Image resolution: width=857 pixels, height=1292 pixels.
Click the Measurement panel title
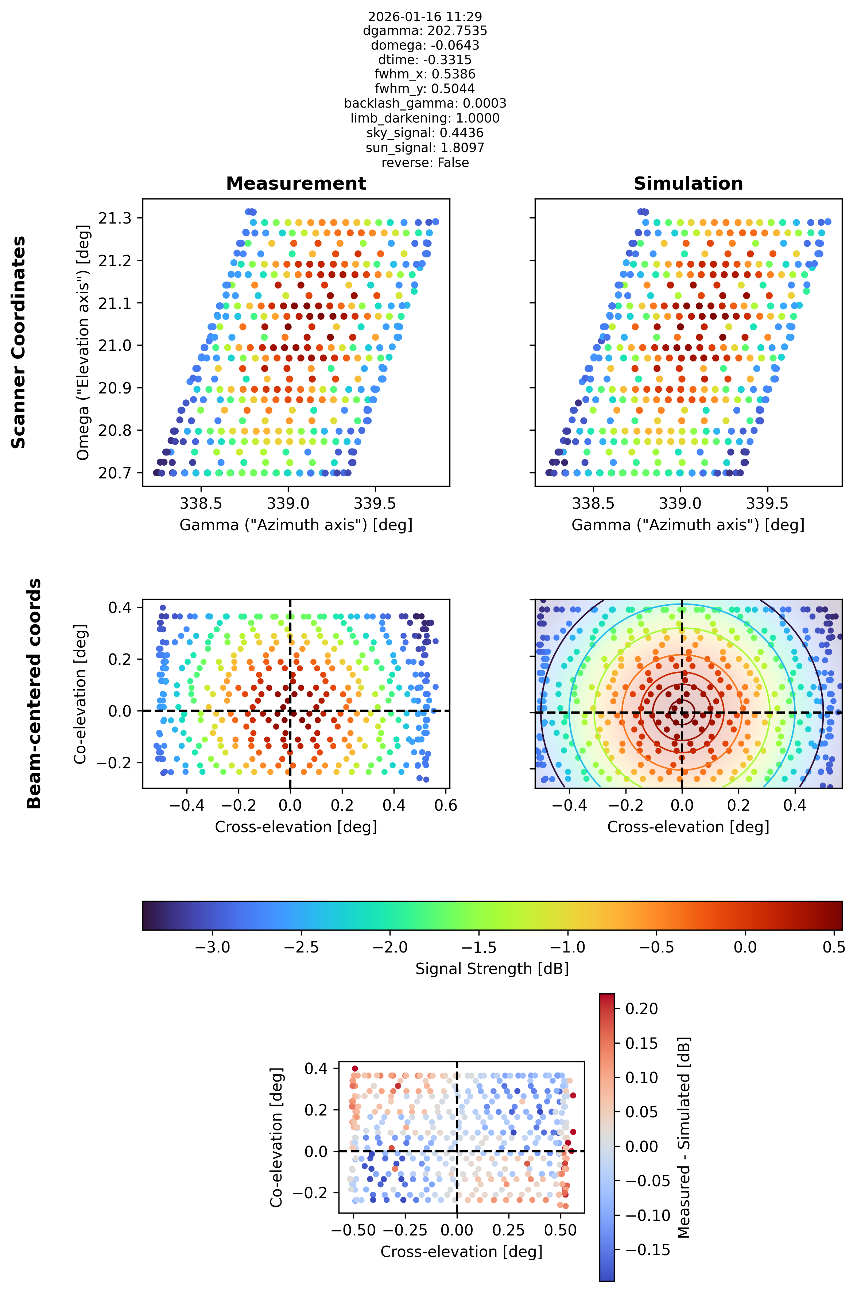[x=296, y=184]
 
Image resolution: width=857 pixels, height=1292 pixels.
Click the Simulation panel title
[x=688, y=184]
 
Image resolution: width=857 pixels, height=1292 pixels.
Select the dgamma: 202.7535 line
[x=425, y=31]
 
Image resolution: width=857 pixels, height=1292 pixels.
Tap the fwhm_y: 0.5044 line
[x=425, y=89]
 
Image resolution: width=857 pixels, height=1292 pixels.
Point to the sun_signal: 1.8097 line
[x=425, y=148]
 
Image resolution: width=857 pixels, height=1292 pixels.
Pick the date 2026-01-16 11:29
[x=425, y=16]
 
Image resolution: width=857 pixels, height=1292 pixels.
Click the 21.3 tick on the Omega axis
[x=115, y=218]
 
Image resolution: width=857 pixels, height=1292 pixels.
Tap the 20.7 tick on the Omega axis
[x=115, y=473]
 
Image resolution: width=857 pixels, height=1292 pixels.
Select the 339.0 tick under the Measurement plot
[x=288, y=503]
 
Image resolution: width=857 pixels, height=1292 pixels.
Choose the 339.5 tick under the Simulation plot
[x=767, y=503]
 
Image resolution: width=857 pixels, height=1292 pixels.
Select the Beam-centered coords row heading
[x=34, y=693]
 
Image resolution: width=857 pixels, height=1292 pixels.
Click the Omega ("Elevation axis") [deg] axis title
[x=83, y=342]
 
